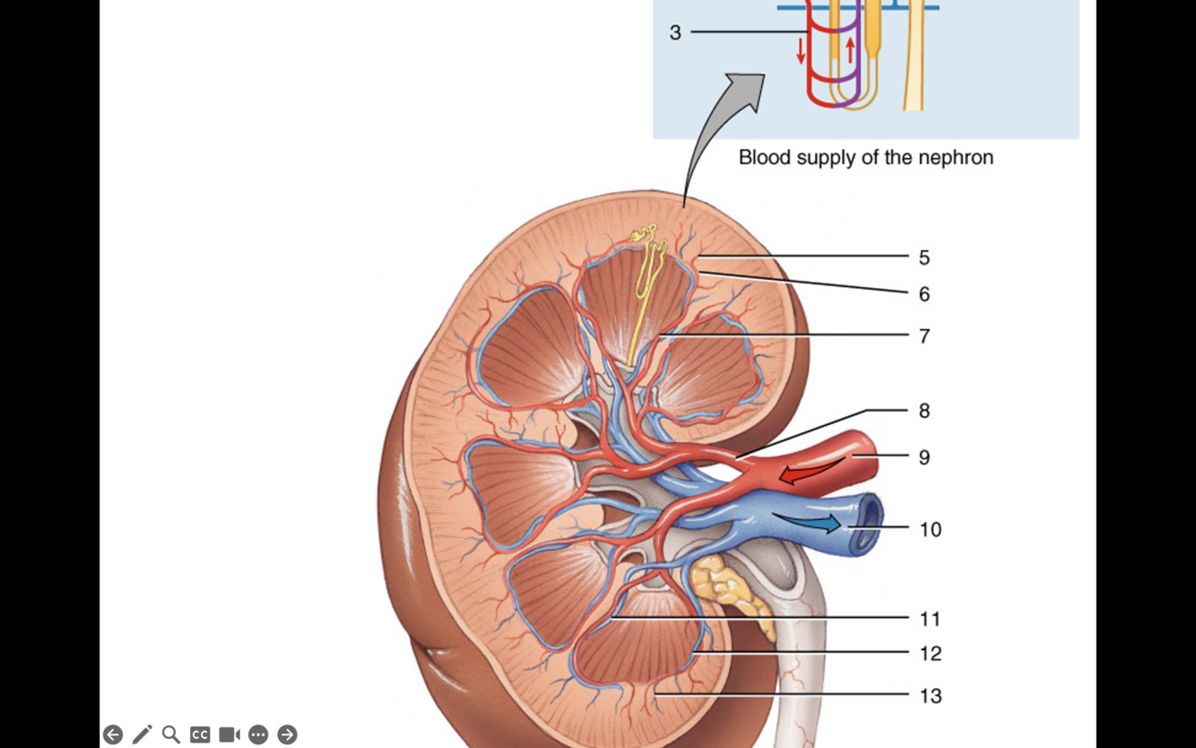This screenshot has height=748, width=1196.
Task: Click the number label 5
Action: [924, 257]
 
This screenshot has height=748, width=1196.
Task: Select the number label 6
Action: [924, 294]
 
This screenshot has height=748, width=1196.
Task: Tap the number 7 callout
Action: [924, 336]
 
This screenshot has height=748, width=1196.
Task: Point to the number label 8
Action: [924, 411]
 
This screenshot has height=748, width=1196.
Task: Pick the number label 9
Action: [924, 457]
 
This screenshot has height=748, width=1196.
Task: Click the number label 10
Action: [931, 529]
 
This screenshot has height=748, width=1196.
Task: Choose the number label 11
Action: [930, 619]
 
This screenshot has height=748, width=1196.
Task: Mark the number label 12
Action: [931, 654]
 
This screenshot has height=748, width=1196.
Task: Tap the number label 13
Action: [931, 696]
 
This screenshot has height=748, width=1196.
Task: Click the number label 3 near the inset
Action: [675, 33]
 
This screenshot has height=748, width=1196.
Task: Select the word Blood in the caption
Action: [763, 158]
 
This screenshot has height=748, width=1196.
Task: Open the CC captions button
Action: [200, 735]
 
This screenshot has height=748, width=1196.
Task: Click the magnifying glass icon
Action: [170, 735]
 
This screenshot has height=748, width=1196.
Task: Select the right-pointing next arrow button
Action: [287, 735]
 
